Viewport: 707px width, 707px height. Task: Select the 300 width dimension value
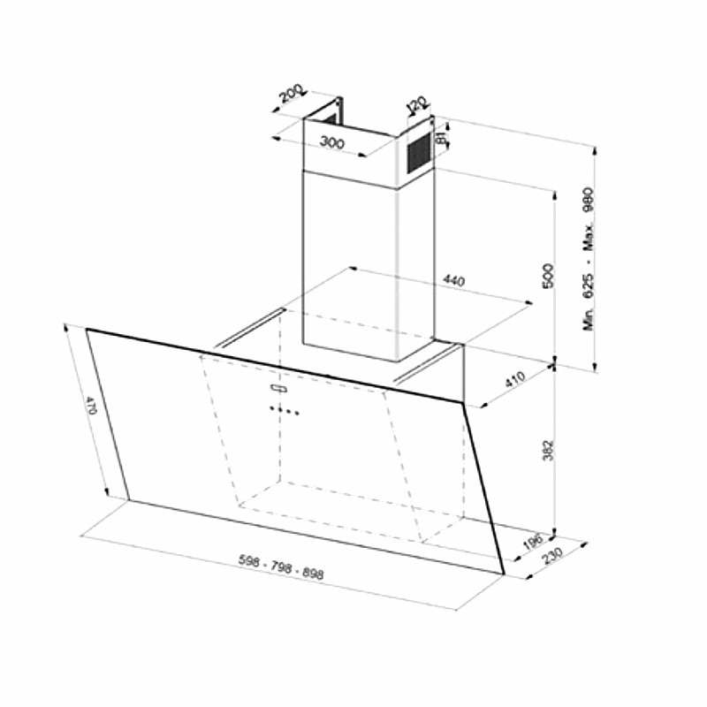(333, 142)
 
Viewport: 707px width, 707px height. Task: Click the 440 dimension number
(453, 281)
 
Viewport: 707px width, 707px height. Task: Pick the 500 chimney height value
(547, 276)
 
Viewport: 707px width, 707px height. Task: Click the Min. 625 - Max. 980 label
(589, 259)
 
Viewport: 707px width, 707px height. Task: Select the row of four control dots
(285, 410)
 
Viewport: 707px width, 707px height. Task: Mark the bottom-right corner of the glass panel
(501, 574)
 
